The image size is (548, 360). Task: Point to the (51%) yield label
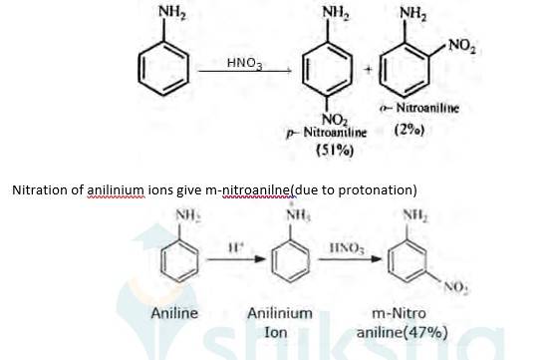coord(330,150)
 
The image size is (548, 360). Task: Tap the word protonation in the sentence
coord(367,189)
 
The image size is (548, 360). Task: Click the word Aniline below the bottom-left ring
coord(174,313)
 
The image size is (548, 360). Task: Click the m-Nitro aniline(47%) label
coord(402,322)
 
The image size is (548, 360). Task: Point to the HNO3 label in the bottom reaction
coord(351,245)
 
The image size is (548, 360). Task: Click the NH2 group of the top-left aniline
coord(171,12)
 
